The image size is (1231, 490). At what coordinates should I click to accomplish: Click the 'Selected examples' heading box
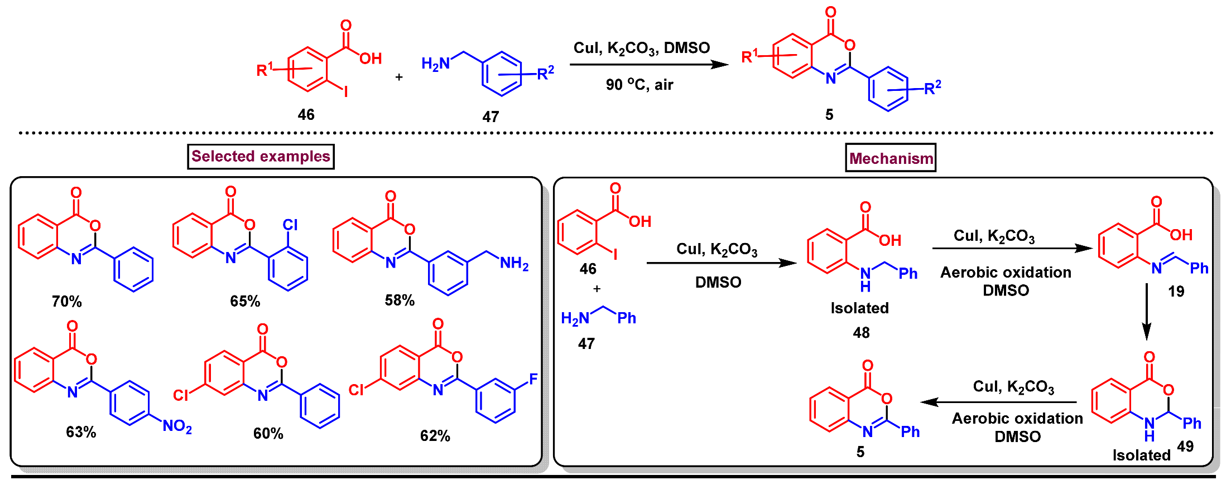[261, 157]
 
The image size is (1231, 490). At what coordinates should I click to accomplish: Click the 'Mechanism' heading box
[891, 158]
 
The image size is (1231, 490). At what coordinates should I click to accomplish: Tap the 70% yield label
[67, 302]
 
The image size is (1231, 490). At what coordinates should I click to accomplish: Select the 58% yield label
[400, 300]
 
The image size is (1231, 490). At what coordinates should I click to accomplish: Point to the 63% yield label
[81, 432]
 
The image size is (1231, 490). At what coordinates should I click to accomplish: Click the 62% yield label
[435, 435]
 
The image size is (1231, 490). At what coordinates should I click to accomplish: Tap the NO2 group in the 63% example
[177, 426]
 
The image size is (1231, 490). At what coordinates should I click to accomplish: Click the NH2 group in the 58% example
[514, 263]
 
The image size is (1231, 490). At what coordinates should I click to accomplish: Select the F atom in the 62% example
[533, 379]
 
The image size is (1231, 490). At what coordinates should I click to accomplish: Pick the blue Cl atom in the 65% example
[290, 225]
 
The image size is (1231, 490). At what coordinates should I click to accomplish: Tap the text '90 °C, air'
[639, 85]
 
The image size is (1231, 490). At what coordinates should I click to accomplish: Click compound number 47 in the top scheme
[491, 117]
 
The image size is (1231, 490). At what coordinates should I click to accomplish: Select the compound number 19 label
[1176, 292]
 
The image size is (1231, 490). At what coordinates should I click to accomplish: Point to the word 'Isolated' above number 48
[859, 308]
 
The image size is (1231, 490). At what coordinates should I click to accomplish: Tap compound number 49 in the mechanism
[1185, 446]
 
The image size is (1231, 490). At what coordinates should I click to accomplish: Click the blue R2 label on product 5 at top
[932, 88]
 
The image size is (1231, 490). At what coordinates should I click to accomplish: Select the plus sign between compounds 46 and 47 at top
[398, 77]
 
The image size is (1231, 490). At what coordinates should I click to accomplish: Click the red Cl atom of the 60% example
[181, 395]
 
